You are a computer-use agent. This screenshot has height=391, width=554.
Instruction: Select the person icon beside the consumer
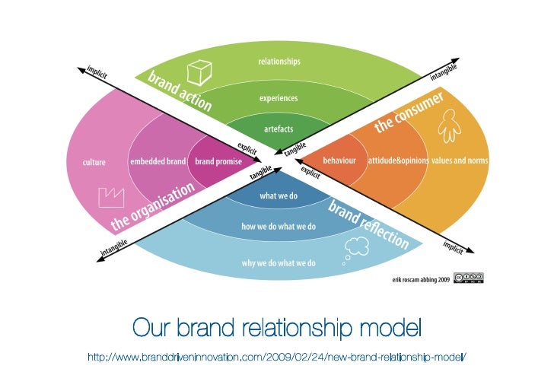pyautogui.click(x=451, y=124)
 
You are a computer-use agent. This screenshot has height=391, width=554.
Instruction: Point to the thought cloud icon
pyautogui.click(x=356, y=246)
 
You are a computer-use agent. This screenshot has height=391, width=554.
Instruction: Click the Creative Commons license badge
pyautogui.click(x=468, y=278)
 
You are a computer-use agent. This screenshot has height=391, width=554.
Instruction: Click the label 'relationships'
pyautogui.click(x=279, y=61)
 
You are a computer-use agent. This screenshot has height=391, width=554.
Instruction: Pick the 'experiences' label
pyautogui.click(x=279, y=98)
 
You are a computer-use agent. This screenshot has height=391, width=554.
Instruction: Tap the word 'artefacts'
pyautogui.click(x=279, y=129)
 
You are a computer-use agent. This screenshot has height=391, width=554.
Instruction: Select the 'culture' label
pyautogui.click(x=94, y=162)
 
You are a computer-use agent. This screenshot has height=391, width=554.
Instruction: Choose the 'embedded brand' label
pyautogui.click(x=158, y=162)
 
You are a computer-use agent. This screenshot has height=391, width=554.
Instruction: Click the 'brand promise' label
pyautogui.click(x=218, y=162)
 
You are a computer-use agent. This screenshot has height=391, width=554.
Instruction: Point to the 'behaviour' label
pyautogui.click(x=339, y=161)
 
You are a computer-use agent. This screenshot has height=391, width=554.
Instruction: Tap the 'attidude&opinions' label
pyautogui.click(x=397, y=161)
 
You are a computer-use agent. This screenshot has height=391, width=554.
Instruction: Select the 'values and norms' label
pyautogui.click(x=460, y=161)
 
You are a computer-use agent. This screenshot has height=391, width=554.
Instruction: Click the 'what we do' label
pyautogui.click(x=279, y=196)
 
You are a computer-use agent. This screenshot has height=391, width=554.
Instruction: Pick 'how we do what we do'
pyautogui.click(x=279, y=227)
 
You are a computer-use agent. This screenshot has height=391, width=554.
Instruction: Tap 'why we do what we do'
pyautogui.click(x=279, y=263)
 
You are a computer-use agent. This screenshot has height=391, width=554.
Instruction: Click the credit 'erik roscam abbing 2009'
pyautogui.click(x=421, y=279)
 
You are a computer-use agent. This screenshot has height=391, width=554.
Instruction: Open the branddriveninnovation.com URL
pyautogui.click(x=276, y=358)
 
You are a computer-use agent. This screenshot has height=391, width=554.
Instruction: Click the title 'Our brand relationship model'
pyautogui.click(x=276, y=329)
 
